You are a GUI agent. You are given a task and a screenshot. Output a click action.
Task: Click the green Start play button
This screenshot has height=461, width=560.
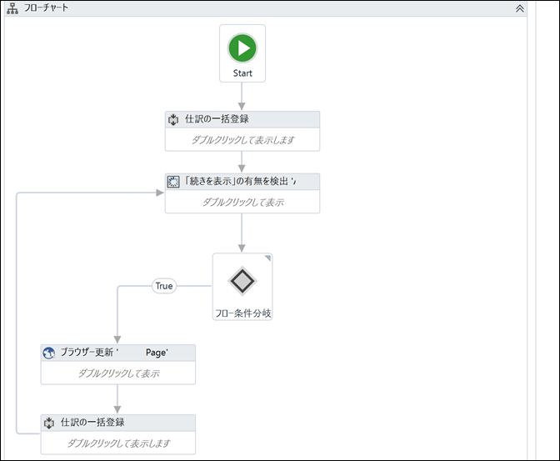click(x=242, y=48)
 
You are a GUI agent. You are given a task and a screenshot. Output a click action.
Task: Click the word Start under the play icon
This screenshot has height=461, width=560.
click(x=242, y=73)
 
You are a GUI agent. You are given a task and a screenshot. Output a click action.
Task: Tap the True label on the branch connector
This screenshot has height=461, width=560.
click(x=164, y=286)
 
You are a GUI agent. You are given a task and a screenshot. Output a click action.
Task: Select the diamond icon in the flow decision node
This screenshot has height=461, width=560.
click(x=242, y=281)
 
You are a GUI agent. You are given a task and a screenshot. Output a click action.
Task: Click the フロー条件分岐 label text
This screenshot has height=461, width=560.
click(x=242, y=313)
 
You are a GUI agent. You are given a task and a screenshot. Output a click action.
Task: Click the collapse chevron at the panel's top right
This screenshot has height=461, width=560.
click(x=520, y=8)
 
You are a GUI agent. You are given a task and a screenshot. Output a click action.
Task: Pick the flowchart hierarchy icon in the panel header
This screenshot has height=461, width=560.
click(x=12, y=8)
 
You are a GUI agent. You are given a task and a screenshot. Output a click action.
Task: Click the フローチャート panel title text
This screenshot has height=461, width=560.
click(x=46, y=8)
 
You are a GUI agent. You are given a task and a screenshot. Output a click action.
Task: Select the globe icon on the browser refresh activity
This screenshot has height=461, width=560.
click(x=49, y=353)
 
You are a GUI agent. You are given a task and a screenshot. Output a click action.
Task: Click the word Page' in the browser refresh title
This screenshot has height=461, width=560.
click(x=157, y=353)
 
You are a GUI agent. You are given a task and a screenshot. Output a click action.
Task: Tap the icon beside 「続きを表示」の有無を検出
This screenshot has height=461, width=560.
click(x=173, y=182)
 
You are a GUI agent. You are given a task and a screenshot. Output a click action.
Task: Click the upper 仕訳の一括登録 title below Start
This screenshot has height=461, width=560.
click(x=217, y=119)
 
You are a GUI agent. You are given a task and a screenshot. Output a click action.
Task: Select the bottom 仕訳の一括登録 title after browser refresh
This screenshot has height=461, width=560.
click(x=92, y=422)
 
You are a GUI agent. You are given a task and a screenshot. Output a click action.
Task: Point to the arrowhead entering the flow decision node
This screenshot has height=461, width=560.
click(x=242, y=248)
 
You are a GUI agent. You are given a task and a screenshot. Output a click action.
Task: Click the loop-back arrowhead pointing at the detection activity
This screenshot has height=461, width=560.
click(x=160, y=193)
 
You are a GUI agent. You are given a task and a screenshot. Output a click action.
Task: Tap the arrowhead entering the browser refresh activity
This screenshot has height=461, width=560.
click(x=117, y=339)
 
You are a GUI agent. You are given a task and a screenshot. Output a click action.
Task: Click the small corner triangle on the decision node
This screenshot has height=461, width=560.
click(x=267, y=258)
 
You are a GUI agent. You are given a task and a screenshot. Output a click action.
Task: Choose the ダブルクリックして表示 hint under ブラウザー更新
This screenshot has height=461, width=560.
click(x=118, y=373)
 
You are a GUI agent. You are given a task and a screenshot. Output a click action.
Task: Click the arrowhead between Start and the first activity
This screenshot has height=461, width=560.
click(x=242, y=106)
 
